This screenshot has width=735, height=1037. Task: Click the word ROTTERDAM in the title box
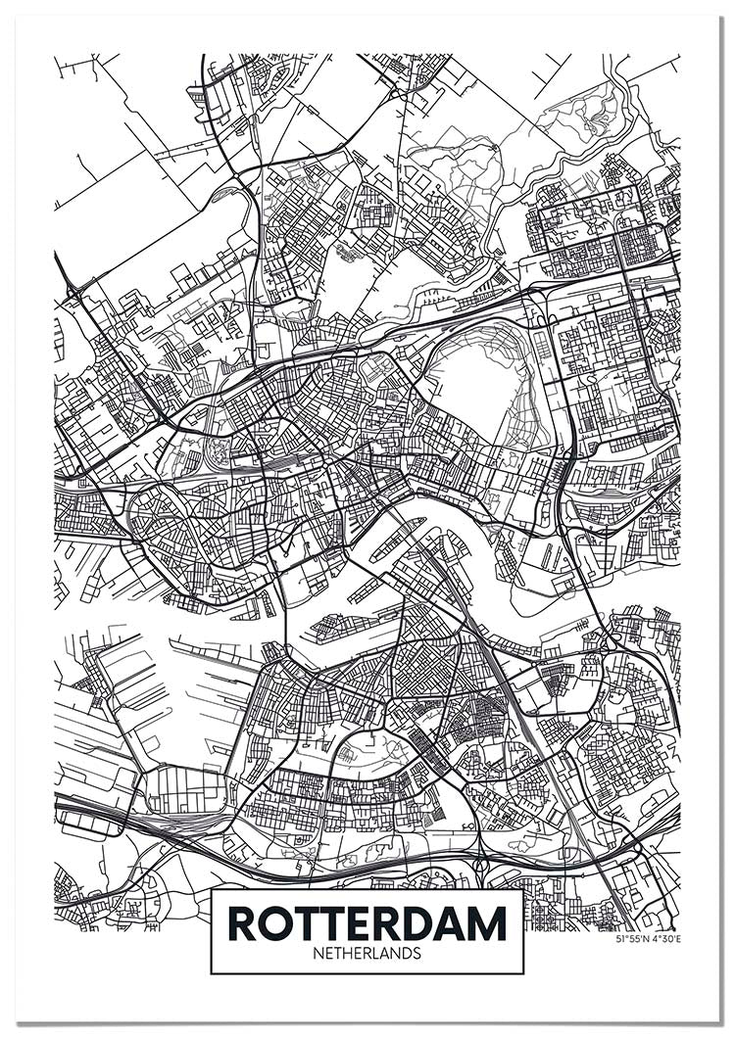[367, 922]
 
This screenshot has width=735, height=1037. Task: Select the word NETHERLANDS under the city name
[367, 952]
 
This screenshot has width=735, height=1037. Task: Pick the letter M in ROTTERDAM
[487, 922]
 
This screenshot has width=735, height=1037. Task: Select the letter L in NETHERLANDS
[377, 952]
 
